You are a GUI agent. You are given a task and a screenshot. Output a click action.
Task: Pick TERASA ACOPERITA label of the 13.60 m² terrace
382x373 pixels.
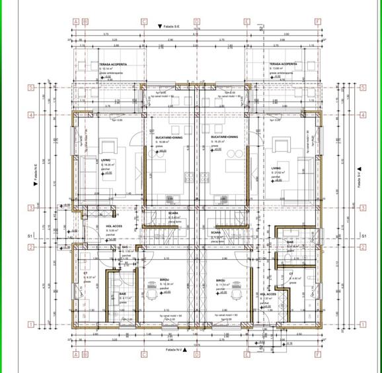coord(283,64)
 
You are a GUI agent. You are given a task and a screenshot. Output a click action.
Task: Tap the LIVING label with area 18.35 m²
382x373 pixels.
coord(106,160)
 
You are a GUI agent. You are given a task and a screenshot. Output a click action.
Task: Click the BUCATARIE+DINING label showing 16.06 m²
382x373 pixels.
coord(162,136)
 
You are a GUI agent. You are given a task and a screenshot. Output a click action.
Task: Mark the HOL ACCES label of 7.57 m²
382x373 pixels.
coord(268,294)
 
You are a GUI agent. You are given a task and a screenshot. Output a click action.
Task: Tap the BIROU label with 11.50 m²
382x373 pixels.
coord(221,280)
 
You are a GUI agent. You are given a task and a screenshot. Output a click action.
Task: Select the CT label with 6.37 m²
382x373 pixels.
coord(86,272)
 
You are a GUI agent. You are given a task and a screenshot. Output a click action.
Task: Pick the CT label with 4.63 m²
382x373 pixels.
coord(291,273)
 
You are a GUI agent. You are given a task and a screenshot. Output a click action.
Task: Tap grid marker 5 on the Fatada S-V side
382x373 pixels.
coord(362,87)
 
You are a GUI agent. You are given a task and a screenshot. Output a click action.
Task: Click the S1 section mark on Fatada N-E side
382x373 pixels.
coord(30,236)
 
